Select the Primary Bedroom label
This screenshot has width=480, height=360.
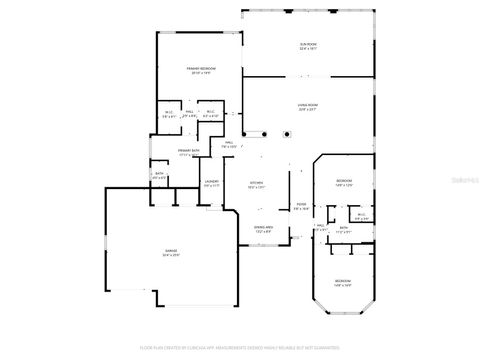[x=201, y=70]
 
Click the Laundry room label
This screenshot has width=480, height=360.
[x=212, y=184]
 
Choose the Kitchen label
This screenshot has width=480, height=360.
[x=257, y=185]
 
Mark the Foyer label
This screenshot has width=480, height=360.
[x=301, y=207]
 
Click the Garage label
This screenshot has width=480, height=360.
[x=172, y=253]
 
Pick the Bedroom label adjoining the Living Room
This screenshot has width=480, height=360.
[x=345, y=182]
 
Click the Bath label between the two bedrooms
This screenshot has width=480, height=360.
[x=343, y=229]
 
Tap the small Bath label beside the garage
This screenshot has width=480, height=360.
[x=160, y=176]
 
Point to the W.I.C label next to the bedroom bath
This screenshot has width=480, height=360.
[x=361, y=216]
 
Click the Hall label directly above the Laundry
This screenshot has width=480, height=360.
[x=229, y=144]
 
